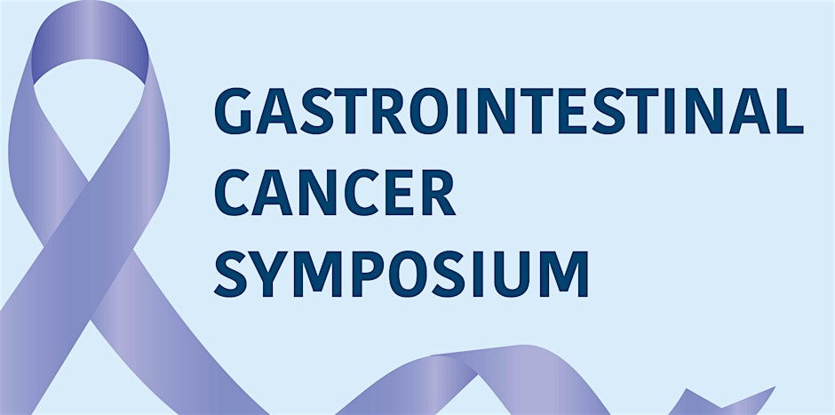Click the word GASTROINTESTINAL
[x=509, y=111]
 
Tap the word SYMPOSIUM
[x=401, y=274]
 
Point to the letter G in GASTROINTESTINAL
[x=234, y=111]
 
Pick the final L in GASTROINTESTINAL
[x=790, y=111]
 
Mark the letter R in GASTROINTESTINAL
[x=389, y=111]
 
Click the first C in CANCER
[x=232, y=192]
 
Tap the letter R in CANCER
[x=439, y=192]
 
